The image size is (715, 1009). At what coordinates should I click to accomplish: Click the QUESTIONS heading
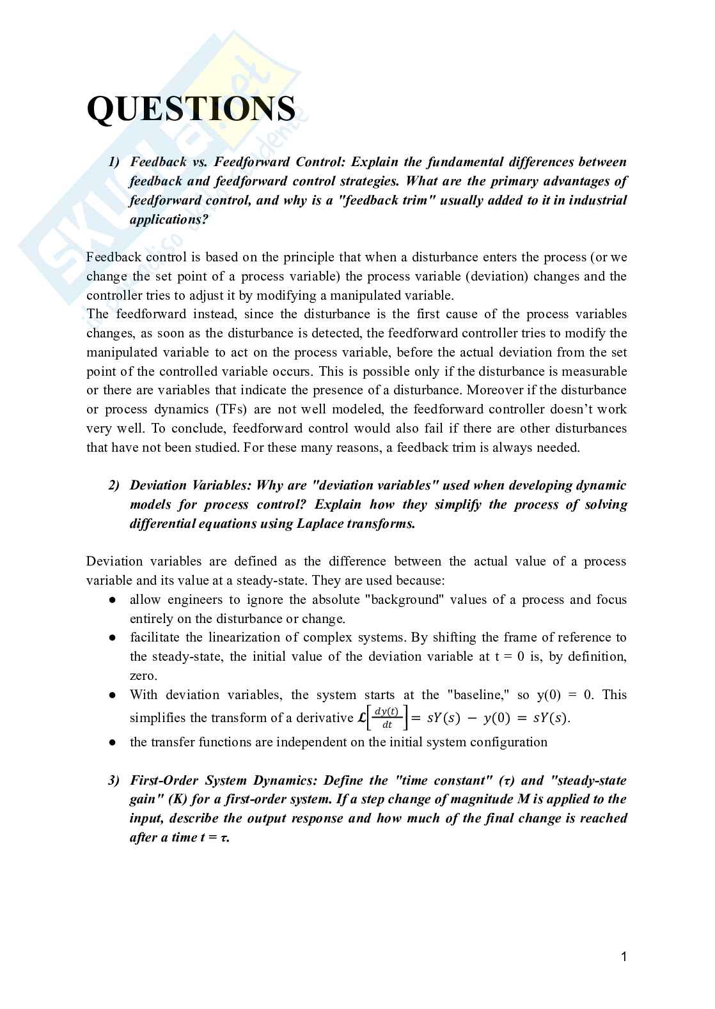tap(191, 109)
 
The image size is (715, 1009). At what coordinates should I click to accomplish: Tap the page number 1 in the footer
tap(624, 957)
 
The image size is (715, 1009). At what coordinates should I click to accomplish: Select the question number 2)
tap(114, 486)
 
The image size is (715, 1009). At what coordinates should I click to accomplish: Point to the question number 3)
tap(114, 781)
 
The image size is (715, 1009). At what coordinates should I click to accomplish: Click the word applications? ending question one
tap(169, 220)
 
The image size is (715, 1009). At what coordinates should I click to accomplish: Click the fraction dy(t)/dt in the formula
tap(386, 718)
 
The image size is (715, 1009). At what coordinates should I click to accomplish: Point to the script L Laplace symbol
tap(361, 718)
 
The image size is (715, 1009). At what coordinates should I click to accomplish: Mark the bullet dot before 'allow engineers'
tap(112, 600)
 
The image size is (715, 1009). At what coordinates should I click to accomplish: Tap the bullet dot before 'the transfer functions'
tap(112, 743)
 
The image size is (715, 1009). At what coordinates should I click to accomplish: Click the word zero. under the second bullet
tap(143, 676)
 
